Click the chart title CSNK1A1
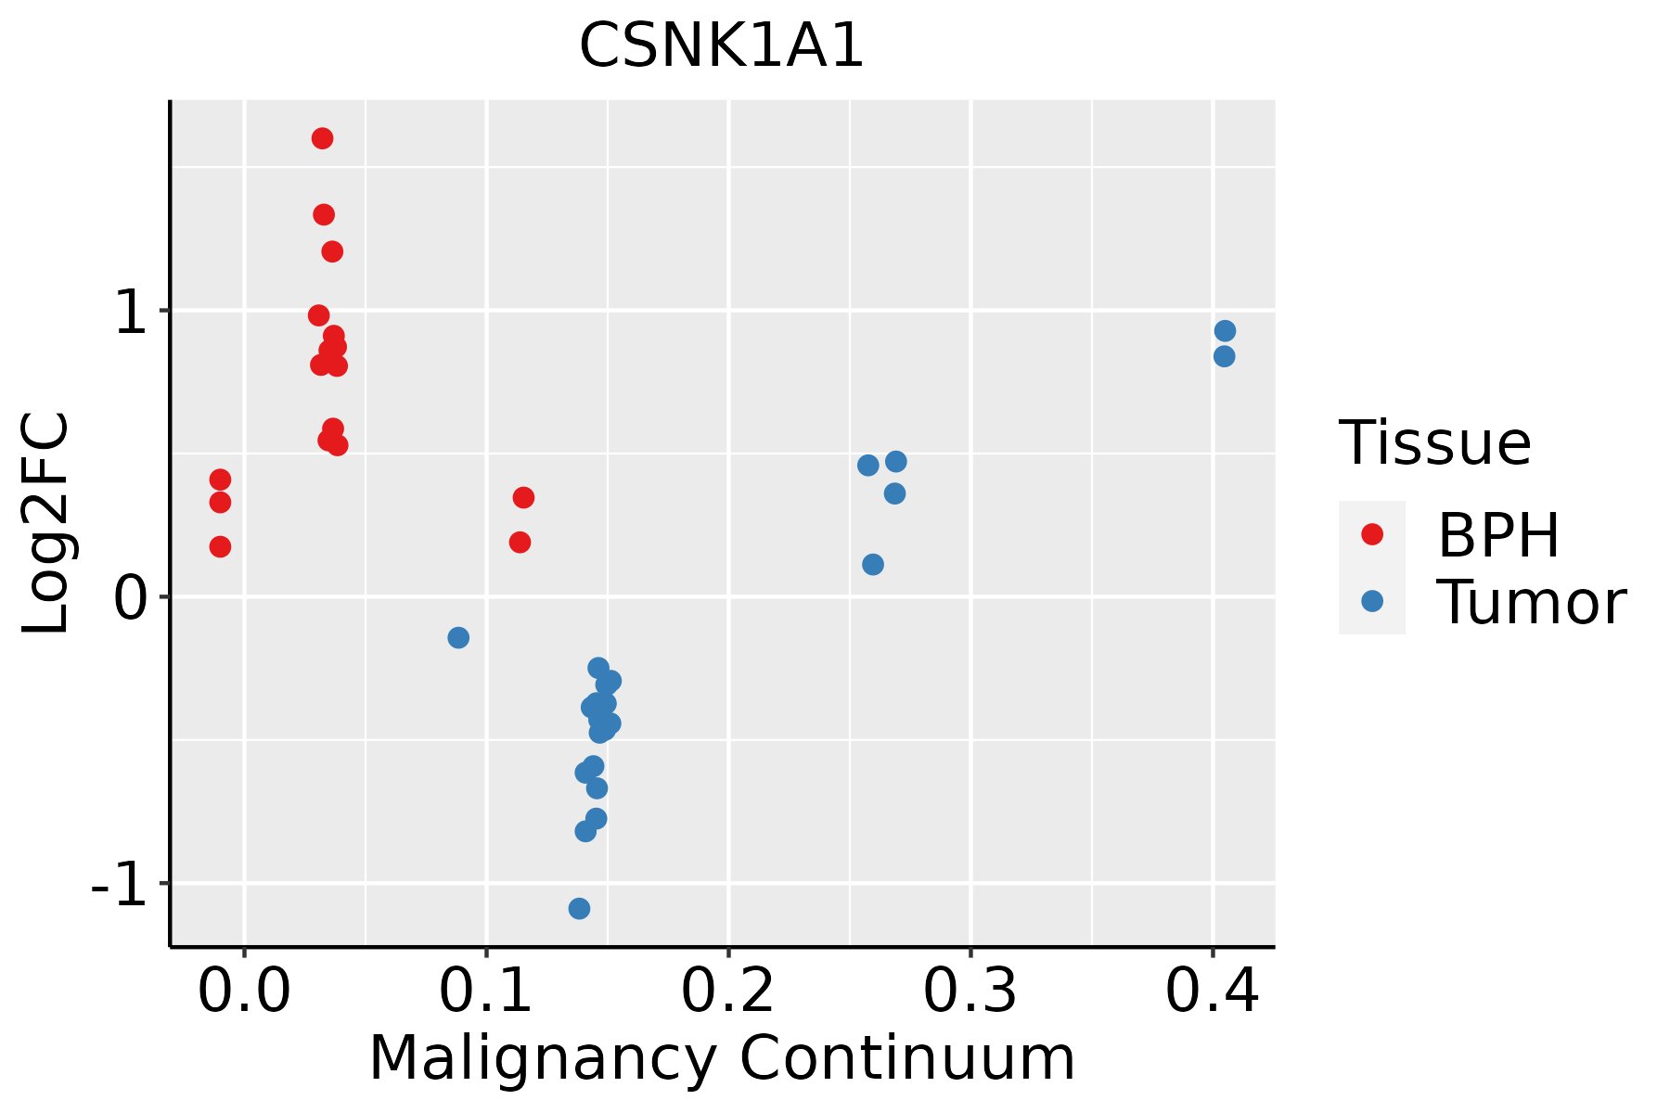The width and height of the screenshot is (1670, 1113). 722,45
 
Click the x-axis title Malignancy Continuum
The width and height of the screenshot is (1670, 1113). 722,1059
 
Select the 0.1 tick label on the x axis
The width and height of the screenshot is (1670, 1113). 486,991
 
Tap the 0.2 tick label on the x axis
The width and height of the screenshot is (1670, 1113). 728,991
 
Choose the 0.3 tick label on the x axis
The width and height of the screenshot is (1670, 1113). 970,991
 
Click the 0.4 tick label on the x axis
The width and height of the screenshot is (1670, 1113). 1213,991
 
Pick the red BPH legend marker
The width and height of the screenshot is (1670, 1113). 1372,534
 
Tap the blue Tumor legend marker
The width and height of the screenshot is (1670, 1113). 1372,601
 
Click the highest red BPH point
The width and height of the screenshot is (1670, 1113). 323,138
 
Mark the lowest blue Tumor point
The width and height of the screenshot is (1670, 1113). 580,908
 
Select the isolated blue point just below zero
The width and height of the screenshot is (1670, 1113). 458,637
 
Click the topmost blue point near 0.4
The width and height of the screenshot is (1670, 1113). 1225,331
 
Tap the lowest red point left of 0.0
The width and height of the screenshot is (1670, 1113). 220,546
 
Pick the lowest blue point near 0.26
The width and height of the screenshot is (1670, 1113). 873,564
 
